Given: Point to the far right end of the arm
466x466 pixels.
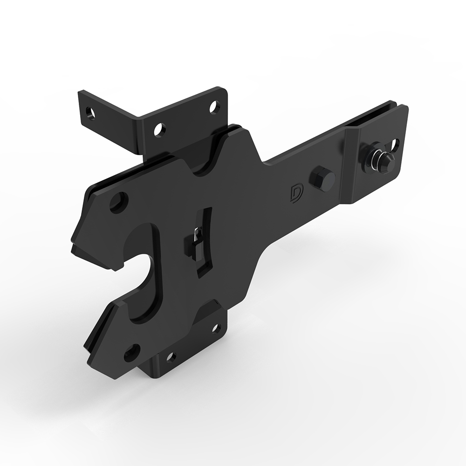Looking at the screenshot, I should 404,112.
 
